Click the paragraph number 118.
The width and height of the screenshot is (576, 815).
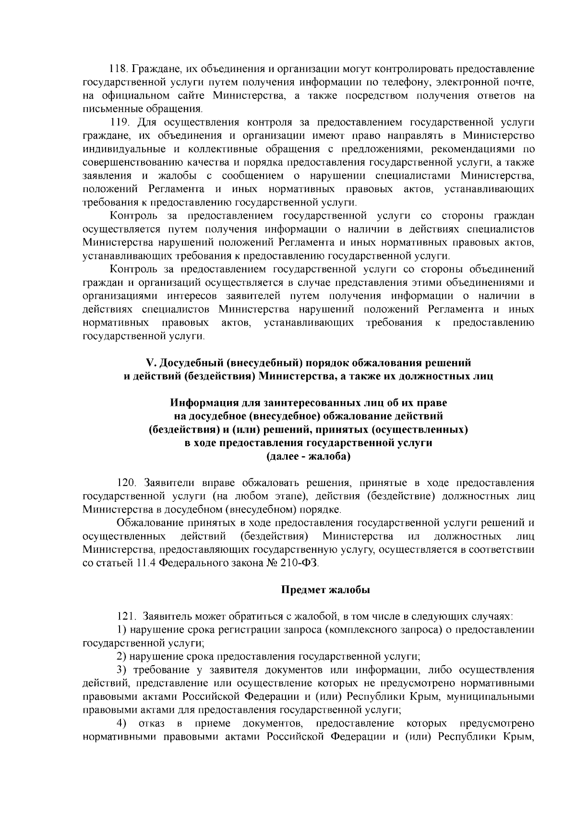click(118, 69)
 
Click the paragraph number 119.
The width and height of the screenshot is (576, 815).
click(118, 122)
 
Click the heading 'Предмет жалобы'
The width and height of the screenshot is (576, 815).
click(325, 590)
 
